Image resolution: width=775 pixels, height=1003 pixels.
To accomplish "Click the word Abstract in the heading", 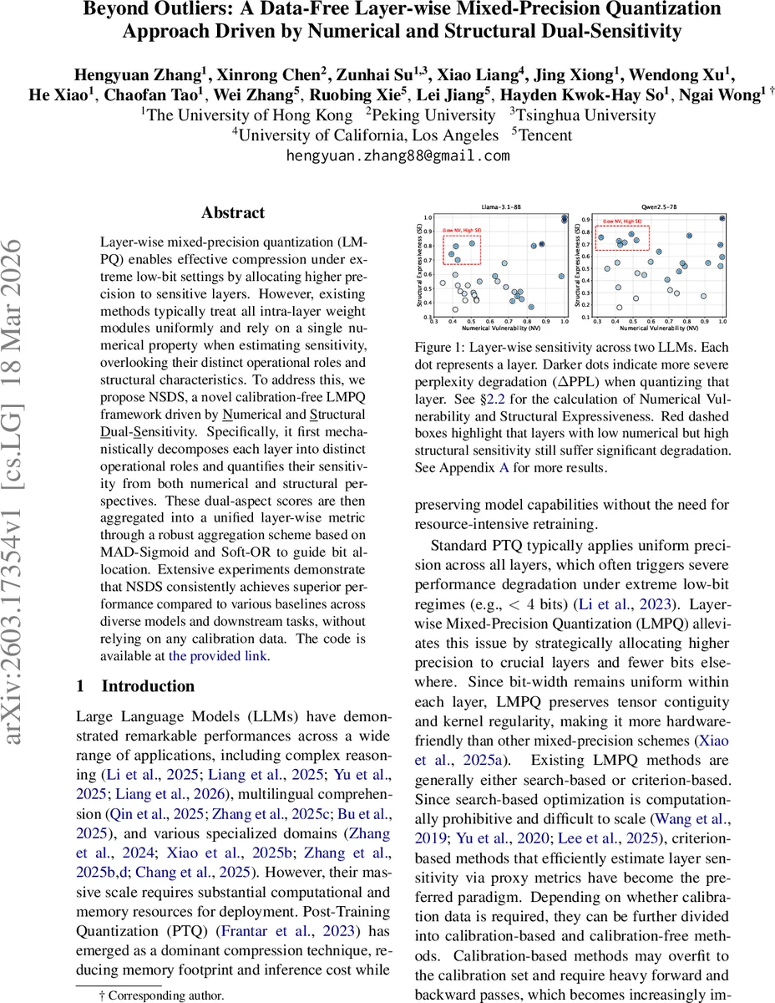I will click(x=233, y=213).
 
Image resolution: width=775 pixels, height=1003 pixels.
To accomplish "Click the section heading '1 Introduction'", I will click(x=135, y=686).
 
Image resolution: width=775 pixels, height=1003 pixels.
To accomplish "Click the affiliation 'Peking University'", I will click(x=436, y=115).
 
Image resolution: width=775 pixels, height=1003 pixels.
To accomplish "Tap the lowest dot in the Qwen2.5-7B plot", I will click(x=619, y=308).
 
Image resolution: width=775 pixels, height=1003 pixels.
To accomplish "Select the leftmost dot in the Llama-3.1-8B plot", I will click(x=443, y=283).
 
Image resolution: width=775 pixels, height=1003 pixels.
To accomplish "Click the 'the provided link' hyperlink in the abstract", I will click(x=218, y=656).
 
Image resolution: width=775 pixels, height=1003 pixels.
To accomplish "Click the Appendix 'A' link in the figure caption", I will click(x=503, y=467).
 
